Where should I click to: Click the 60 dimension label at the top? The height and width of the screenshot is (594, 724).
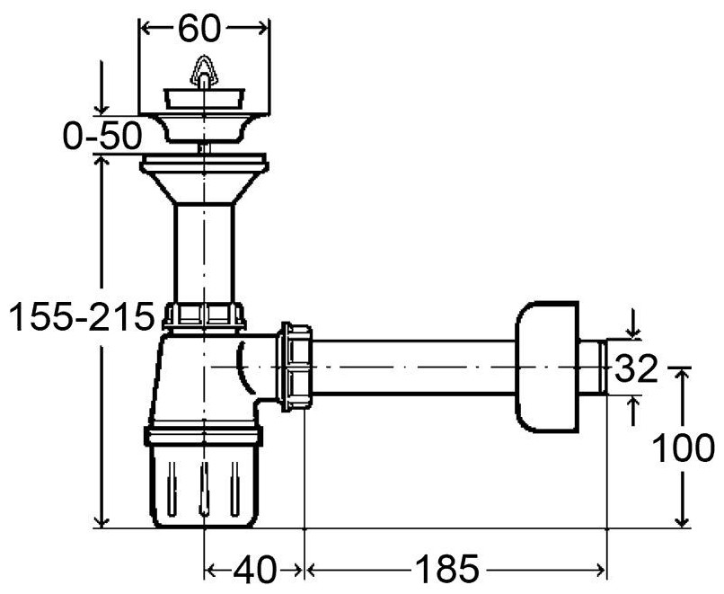199,29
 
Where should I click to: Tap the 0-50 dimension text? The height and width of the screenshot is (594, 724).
102,137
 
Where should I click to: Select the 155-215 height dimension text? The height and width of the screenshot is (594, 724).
82,316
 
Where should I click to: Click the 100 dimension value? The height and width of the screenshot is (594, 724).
684,448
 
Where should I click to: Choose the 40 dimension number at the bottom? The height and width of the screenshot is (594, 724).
254,569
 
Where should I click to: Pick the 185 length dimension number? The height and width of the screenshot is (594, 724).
447,569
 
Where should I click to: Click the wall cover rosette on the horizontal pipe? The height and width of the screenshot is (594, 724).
547,368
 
